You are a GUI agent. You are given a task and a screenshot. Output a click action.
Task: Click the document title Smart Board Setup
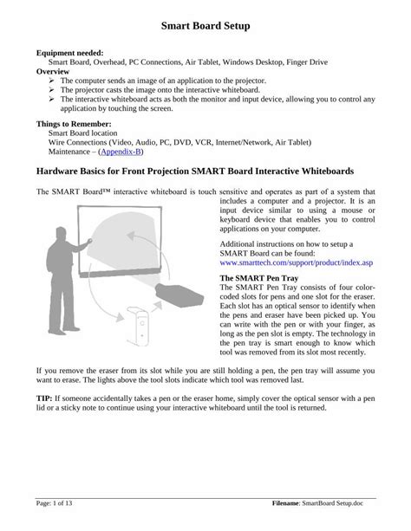coord(205,27)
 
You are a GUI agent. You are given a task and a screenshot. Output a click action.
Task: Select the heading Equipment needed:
coord(69,53)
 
